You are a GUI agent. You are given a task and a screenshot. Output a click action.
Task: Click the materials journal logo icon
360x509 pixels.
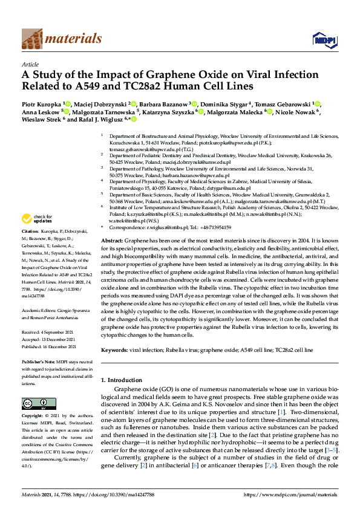[32, 39]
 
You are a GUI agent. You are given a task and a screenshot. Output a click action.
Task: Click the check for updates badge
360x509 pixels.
[37, 219]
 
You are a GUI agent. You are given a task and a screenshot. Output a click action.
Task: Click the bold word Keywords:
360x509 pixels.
[114, 350]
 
